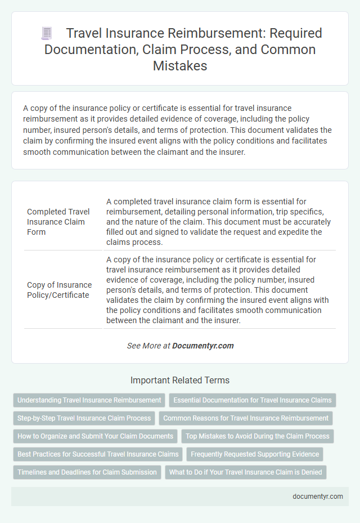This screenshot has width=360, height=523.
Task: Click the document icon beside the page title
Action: [47, 34]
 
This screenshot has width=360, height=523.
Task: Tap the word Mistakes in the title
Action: [179, 65]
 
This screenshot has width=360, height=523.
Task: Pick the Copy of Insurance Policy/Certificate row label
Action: [59, 289]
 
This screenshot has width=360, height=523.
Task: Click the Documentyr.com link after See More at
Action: [202, 346]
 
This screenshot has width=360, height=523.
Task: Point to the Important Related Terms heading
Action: [179, 380]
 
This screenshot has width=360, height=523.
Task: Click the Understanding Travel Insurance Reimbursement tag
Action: [89, 400]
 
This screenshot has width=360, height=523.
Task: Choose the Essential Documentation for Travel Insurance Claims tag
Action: [253, 400]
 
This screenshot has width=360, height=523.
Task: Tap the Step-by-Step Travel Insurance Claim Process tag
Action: [84, 418]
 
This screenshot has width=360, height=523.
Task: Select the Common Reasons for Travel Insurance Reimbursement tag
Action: [246, 418]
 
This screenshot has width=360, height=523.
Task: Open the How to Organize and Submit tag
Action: [95, 436]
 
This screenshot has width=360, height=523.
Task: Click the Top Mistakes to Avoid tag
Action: [258, 436]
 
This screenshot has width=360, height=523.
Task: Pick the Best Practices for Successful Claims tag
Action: [98, 454]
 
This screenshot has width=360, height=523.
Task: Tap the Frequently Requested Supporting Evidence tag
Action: [255, 454]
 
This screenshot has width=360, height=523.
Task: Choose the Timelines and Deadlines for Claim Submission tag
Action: [87, 472]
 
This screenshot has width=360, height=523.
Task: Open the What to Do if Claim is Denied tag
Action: [246, 472]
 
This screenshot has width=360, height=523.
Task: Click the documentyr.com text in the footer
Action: [318, 497]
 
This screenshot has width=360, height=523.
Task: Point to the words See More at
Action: [148, 346]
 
